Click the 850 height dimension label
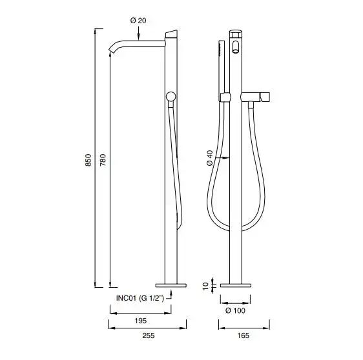pyautogui.click(x=88, y=160)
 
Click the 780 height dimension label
pyautogui.click(x=103, y=160)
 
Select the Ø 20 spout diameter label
pyautogui.click(x=138, y=21)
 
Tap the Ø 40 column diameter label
pyautogui.click(x=210, y=158)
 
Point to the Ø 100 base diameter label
pyautogui.click(x=235, y=310)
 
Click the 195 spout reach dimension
pyautogui.click(x=141, y=321)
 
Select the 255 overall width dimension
pyautogui.click(x=149, y=335)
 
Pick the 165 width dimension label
pyautogui.click(x=244, y=335)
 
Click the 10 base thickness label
pyautogui.click(x=206, y=286)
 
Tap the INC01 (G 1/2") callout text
pyautogui.click(x=140, y=298)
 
